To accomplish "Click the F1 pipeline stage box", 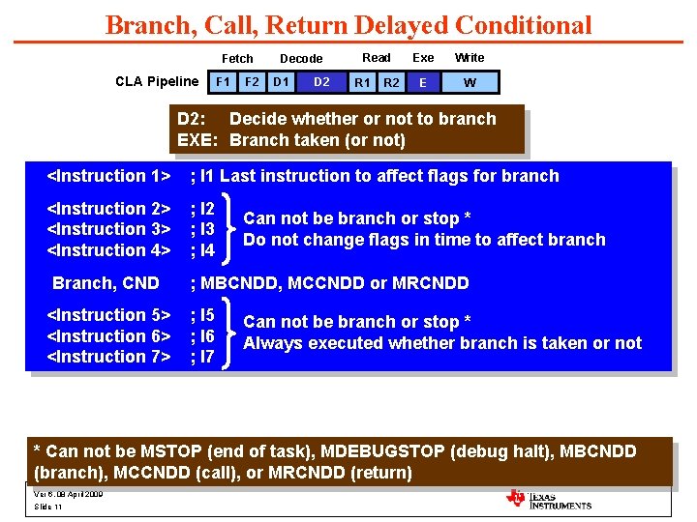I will click(x=224, y=82).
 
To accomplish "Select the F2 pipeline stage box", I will click(x=252, y=82).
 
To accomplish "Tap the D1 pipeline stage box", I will click(x=281, y=82).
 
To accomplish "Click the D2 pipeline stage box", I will click(x=321, y=82).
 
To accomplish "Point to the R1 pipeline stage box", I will click(x=362, y=82).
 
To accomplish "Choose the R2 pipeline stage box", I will click(x=391, y=82).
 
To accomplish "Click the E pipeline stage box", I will click(x=422, y=82).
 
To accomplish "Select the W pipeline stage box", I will click(x=470, y=82).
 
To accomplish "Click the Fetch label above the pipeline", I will click(x=237, y=59).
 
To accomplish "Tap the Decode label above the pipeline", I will click(x=301, y=59).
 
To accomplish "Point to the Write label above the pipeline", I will click(x=470, y=58).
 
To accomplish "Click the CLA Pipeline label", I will click(x=157, y=81).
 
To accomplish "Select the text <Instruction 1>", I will click(x=109, y=176).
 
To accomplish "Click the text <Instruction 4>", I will click(x=109, y=250).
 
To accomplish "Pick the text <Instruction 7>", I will click(x=109, y=357).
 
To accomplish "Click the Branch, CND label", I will click(x=106, y=283).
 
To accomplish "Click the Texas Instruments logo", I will click(x=548, y=499).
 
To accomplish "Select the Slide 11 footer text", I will click(x=48, y=507).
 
